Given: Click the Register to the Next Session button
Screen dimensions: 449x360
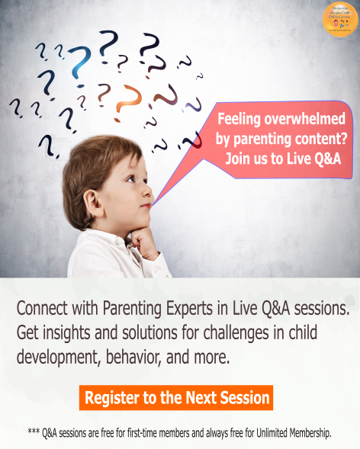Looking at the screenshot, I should click(x=176, y=397).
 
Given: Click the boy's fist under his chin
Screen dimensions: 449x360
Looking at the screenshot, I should click(x=141, y=242).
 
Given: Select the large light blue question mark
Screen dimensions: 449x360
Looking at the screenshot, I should click(x=79, y=64).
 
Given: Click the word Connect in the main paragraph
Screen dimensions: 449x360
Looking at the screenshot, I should click(x=42, y=309).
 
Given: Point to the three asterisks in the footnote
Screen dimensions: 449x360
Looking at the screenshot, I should click(x=34, y=431).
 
